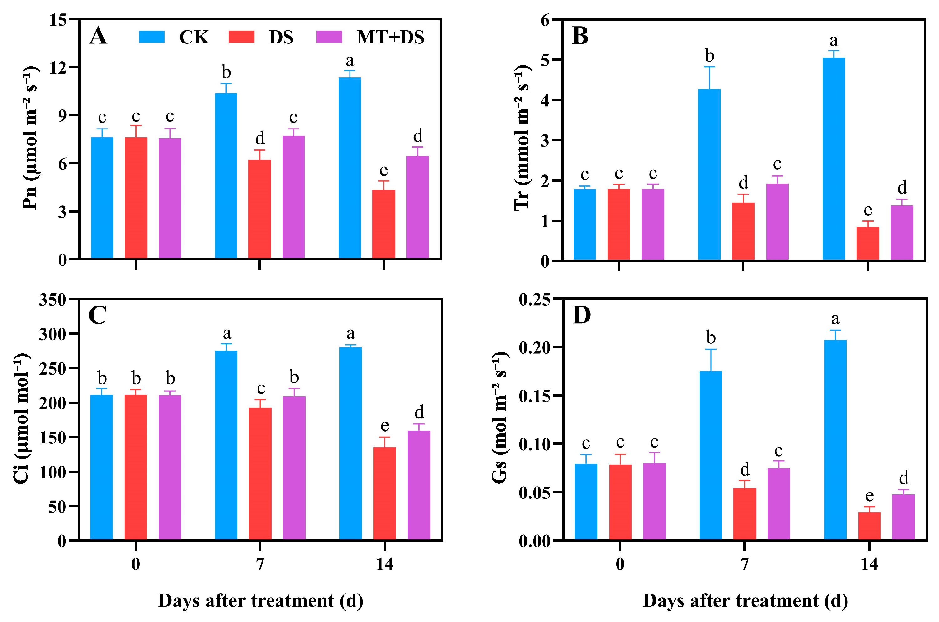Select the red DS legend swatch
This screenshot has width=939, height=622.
tap(241, 37)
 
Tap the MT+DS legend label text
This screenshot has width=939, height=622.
tap(390, 37)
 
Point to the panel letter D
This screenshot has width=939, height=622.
tap(582, 315)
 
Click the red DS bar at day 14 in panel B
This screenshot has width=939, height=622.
tap(868, 244)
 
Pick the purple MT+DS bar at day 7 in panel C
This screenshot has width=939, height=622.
tap(294, 468)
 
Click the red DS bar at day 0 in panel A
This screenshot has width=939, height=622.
tap(136, 198)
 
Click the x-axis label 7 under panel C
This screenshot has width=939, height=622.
tap(260, 564)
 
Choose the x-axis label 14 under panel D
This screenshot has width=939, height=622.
tap(869, 564)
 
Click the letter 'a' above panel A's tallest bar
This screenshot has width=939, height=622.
tap(350, 61)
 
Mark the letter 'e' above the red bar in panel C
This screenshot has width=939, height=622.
tap(385, 426)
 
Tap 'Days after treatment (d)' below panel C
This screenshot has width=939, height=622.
tap(261, 601)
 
